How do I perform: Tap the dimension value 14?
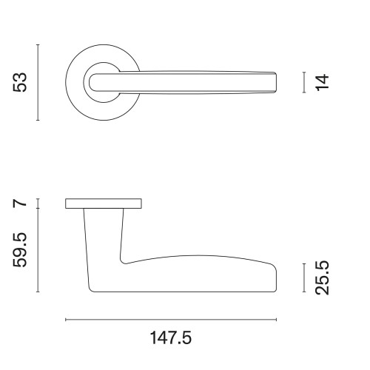click(321, 82)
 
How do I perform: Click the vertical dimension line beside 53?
click(37, 81)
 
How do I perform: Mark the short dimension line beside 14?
click(304, 82)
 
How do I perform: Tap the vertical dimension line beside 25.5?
click(304, 277)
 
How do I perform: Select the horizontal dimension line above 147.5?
click(171, 320)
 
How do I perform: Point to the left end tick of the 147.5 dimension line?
click(66, 320)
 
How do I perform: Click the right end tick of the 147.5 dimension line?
click(277, 320)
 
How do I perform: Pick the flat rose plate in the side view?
click(104, 203)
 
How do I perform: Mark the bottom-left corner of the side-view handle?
click(90, 290)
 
